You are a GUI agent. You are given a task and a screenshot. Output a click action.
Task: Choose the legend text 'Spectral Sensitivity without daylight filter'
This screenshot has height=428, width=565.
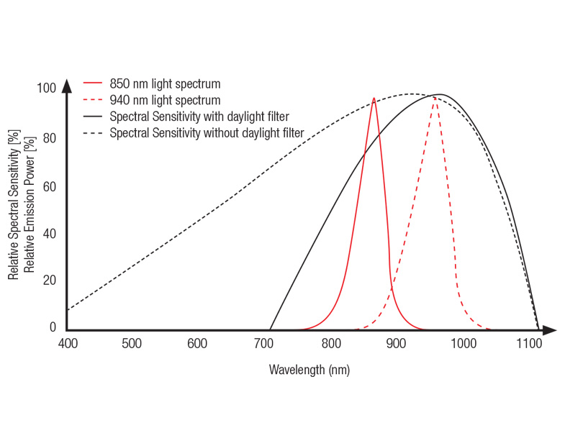coord(207,133)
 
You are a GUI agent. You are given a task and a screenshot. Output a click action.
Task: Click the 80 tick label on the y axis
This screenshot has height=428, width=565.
coord(49,138)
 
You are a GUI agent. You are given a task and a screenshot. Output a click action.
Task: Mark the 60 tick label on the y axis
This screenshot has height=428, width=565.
coord(49,187)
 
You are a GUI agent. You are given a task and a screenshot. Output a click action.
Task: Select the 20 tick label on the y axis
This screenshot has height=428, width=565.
coord(49,281)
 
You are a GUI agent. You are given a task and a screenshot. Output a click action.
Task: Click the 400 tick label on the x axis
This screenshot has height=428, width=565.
coord(67,344)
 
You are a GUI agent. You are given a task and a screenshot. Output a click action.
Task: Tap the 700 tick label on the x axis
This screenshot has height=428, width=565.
coord(264,344)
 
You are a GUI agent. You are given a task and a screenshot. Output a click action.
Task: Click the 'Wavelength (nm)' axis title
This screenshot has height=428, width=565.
coord(309,370)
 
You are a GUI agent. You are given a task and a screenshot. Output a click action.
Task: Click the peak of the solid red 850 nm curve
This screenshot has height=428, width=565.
coord(374,99)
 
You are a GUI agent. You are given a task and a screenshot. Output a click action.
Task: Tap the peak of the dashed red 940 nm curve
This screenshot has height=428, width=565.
coord(435,99)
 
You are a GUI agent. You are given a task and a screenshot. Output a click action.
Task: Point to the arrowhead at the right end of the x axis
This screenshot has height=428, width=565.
coord(549,330)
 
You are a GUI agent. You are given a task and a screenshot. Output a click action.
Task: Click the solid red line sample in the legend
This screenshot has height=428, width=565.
coord(94,83)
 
